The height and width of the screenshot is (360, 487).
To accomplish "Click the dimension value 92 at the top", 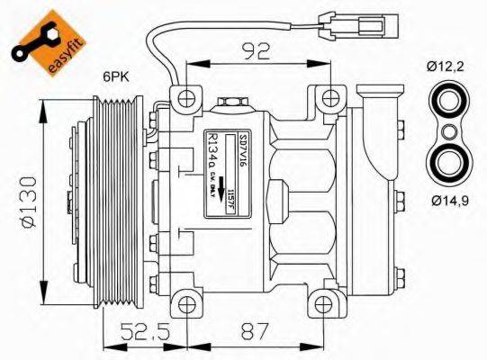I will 255,49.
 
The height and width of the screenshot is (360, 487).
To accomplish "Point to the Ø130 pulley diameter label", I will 25,205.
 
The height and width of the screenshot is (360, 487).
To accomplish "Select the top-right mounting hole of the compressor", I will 329,96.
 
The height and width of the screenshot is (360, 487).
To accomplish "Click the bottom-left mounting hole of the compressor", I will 186,302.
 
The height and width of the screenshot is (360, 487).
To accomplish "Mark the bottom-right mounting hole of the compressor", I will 328,302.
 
